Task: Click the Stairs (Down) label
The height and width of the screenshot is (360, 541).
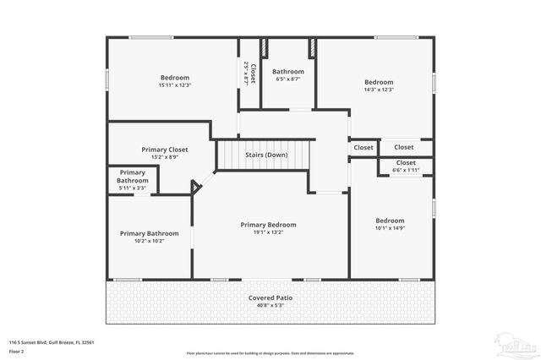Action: tap(265, 155)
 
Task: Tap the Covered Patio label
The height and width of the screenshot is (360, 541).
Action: tap(270, 298)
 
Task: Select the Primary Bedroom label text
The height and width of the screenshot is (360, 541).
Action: tap(268, 225)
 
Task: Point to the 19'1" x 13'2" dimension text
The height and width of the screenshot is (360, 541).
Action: tap(268, 232)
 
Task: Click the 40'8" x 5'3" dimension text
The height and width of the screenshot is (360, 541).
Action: tap(270, 306)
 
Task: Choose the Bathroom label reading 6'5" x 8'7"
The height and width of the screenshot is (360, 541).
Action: tap(287, 72)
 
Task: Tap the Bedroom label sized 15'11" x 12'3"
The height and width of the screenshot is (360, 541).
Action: tap(175, 78)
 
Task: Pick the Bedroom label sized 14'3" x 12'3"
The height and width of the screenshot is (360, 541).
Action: tap(378, 83)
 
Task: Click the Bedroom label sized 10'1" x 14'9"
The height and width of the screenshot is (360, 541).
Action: tap(390, 221)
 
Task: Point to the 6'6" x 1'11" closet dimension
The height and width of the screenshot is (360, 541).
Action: tap(405, 170)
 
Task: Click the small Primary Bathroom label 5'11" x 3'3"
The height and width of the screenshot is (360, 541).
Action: tap(133, 177)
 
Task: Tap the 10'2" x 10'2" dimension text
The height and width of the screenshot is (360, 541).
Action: tap(149, 241)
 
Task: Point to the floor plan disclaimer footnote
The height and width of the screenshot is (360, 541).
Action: tap(270, 352)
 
